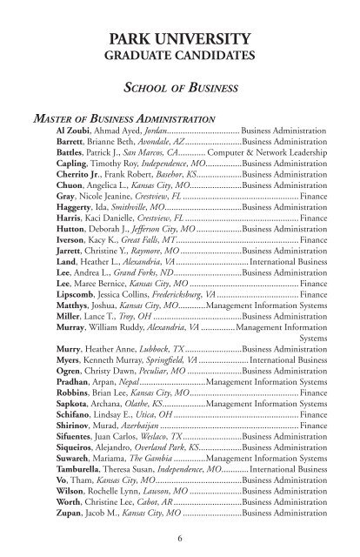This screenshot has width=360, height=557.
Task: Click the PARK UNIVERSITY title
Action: [180, 39]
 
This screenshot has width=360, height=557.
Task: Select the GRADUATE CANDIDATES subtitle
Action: [180, 57]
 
